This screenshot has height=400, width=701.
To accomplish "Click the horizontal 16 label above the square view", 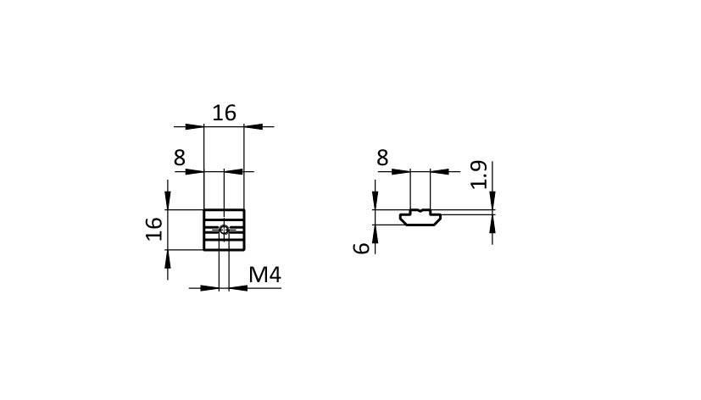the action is [224, 113].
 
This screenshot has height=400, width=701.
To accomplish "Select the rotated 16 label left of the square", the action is [154, 229].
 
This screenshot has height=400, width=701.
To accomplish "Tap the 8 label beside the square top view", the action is [179, 158].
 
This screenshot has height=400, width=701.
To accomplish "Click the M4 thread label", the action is [264, 275].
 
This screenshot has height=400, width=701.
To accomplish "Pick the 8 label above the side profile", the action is [382, 158].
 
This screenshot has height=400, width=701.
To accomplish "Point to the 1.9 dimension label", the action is [479, 175].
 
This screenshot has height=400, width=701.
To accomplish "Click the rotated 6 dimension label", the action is [362, 248].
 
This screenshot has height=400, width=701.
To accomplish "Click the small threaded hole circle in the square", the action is [224, 231].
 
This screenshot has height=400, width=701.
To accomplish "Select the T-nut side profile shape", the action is [420, 217].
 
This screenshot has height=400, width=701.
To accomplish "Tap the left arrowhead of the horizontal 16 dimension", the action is [195, 127].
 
